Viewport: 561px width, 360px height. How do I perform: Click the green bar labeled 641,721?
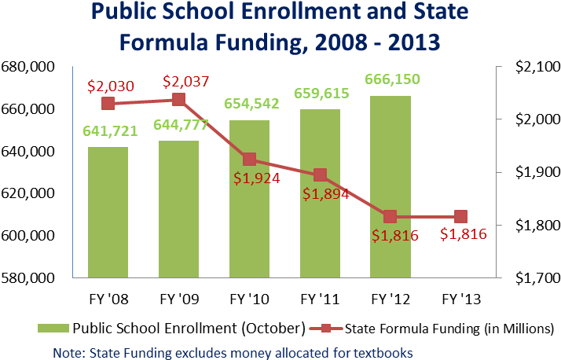pos(108,211)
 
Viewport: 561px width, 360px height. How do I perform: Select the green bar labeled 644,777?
pos(178,208)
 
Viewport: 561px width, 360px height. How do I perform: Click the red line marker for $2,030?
pos(108,103)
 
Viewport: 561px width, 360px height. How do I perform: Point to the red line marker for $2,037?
pos(179,99)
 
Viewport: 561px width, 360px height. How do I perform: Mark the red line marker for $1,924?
pos(249,159)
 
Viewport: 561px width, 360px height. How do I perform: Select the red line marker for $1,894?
pos(320,175)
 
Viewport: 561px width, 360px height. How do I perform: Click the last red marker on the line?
pos(460,216)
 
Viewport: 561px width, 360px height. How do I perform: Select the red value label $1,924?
pos(257,178)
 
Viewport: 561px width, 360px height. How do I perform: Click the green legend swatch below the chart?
pos(53,328)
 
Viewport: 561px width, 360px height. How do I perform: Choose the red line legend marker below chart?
pos(325,328)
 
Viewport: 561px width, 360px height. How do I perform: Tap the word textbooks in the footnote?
pos(380,352)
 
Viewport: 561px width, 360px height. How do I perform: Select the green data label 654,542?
pos(251,104)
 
